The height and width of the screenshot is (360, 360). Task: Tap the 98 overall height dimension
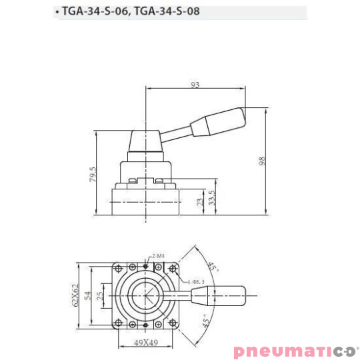(262, 162)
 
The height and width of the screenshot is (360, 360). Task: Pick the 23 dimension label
(199, 202)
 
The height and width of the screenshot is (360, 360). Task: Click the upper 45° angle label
(213, 268)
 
